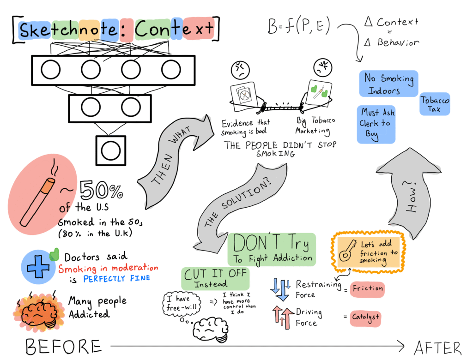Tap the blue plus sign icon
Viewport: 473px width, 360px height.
coord(38,266)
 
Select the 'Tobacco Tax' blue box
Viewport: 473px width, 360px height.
coord(434,104)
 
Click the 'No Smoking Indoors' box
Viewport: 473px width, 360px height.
coord(388,84)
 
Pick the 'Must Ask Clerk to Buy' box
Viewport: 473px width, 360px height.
coord(376,124)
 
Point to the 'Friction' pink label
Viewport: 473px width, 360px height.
coord(367,289)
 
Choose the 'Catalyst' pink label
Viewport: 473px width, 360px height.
coord(365,318)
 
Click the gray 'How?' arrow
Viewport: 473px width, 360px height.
coord(409,193)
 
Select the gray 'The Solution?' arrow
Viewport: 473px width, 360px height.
coord(240,208)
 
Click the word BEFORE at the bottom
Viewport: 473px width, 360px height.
coord(63,347)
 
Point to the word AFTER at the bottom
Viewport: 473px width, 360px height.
coord(437,348)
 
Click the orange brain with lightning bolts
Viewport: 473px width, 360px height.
coord(39,311)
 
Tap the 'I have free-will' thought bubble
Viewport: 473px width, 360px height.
coord(182,304)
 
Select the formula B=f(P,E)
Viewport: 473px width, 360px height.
coord(299,25)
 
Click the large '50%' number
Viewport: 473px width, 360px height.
coord(101,190)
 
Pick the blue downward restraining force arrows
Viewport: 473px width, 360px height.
coord(281,289)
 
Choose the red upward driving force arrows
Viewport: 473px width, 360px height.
coord(283,318)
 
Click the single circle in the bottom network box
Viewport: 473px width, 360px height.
coord(111,151)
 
